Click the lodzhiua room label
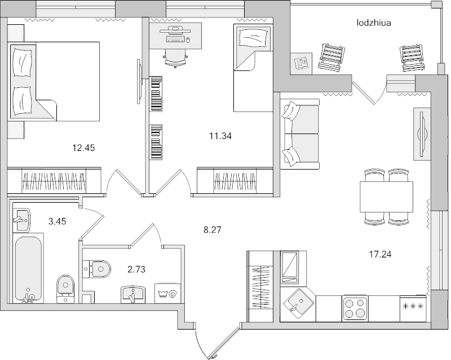pyautogui.click(x=374, y=23)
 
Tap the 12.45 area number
pyautogui.click(x=83, y=149)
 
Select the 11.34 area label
pyautogui.click(x=220, y=135)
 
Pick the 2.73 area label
pyautogui.click(x=136, y=269)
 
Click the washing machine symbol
pyautogui.click(x=167, y=293)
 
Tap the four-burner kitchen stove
pyautogui.click(x=356, y=309)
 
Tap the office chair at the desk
pyautogui.click(x=174, y=55)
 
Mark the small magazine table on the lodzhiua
pyautogui.click(x=301, y=63)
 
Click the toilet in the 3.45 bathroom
pyautogui.click(x=64, y=286)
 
